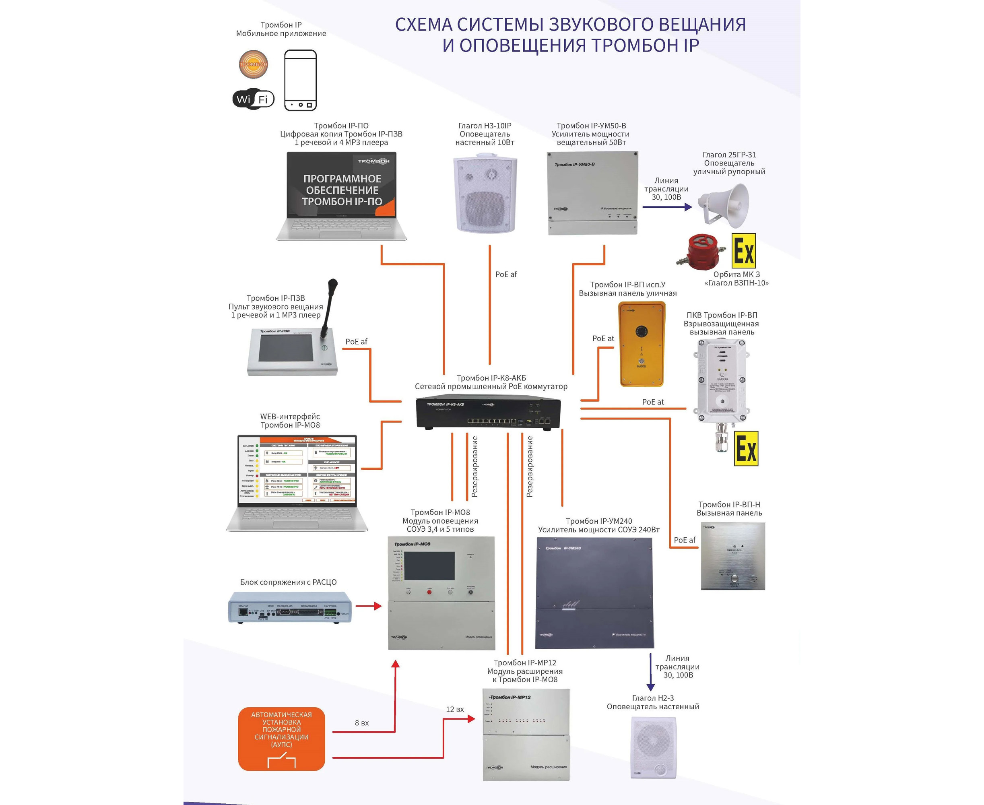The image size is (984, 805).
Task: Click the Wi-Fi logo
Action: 253,99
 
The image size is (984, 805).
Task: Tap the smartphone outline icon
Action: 301,80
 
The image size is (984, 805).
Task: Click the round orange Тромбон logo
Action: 253,64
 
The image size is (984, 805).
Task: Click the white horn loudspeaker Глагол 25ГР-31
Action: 725,205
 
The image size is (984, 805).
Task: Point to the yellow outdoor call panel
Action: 642,344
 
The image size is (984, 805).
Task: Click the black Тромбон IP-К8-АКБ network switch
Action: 488,413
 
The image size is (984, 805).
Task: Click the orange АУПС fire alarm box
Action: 281,739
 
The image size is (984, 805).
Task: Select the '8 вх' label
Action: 362,723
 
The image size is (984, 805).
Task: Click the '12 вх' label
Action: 455,710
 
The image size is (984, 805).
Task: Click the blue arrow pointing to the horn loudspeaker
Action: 667,207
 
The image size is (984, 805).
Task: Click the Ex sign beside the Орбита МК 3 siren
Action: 743,251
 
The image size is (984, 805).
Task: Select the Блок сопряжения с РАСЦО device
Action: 290,607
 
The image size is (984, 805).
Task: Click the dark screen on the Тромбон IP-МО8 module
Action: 429,566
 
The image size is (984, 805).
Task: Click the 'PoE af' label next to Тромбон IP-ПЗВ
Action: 356,342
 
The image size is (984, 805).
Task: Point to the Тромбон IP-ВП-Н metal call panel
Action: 732,556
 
